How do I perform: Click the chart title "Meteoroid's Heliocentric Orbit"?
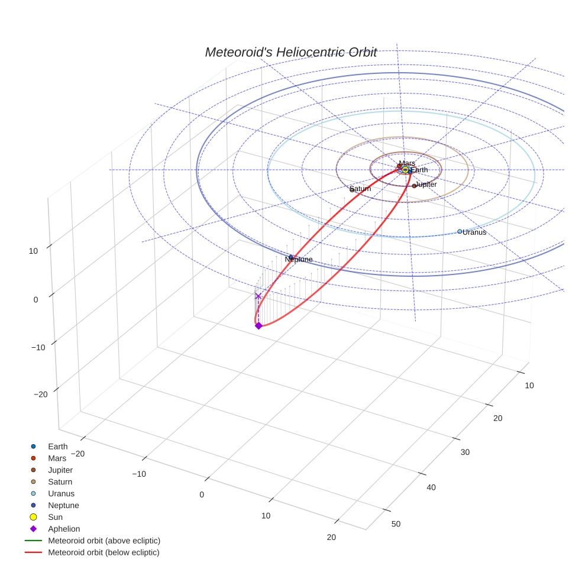[290, 52]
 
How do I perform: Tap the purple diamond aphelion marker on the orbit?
[258, 326]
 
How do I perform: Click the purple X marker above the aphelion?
[258, 296]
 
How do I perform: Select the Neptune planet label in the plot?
[299, 260]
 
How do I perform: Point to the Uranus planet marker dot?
[460, 231]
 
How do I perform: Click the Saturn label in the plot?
[360, 189]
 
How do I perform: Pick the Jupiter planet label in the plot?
[426, 185]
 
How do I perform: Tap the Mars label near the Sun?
[407, 163]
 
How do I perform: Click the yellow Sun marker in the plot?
[405, 170]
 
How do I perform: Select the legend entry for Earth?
[58, 447]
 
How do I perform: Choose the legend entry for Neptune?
[63, 506]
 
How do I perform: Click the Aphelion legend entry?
[64, 529]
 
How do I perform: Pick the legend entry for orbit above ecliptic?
[104, 541]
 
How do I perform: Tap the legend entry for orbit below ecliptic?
[104, 552]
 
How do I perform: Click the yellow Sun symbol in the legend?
[34, 518]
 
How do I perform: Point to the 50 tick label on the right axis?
[396, 524]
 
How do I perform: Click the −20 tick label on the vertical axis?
[41, 395]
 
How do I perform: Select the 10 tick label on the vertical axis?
[33, 251]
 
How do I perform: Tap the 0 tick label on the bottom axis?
[202, 494]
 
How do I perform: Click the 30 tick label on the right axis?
[465, 452]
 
